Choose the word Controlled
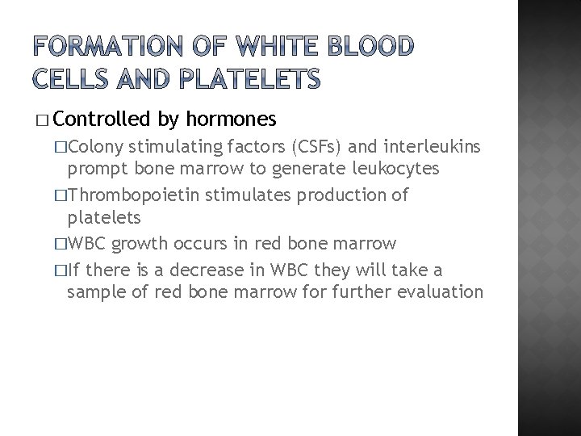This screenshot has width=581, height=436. [x=102, y=119]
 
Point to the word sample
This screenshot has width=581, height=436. [x=96, y=291]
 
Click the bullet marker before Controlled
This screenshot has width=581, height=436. [x=42, y=120]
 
